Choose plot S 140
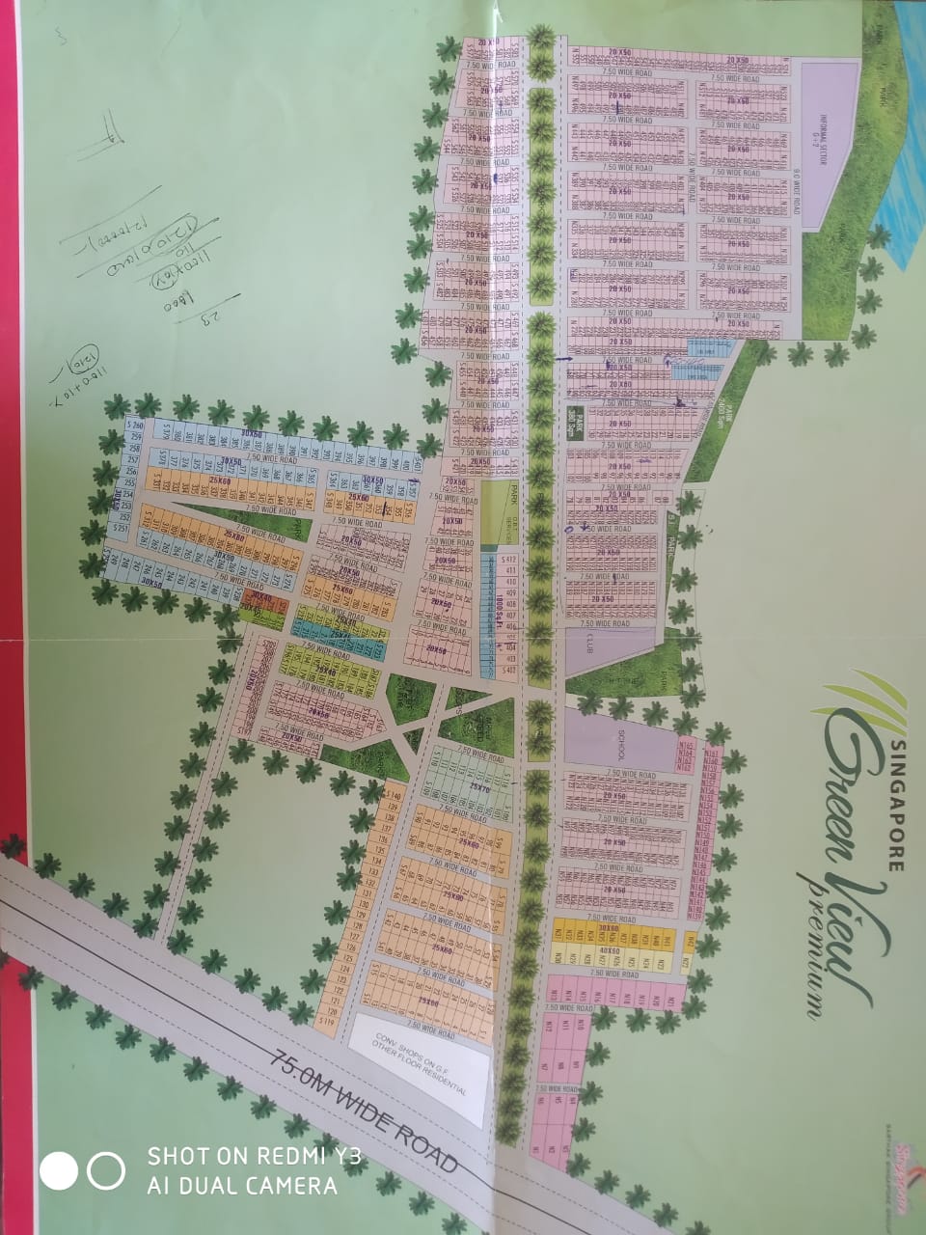pos(392,795)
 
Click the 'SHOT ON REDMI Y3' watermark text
pos(254,1156)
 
